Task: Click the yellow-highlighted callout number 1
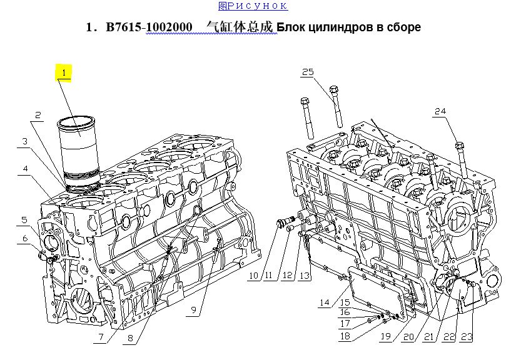click(x=64, y=72)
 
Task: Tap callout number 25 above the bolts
click(x=308, y=72)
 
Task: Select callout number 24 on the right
click(x=440, y=111)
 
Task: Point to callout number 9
click(x=194, y=310)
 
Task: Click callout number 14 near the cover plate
click(x=325, y=302)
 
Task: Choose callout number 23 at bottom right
click(x=467, y=337)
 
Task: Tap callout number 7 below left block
click(x=101, y=337)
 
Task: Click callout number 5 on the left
click(x=24, y=220)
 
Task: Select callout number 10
click(x=253, y=276)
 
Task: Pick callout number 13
click(x=305, y=276)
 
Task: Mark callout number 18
click(x=345, y=336)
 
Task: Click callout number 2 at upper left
click(x=38, y=115)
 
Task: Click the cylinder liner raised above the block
click(x=79, y=151)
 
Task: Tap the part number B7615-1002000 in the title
click(x=149, y=27)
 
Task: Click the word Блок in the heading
click(x=290, y=27)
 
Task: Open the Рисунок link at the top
click(x=253, y=6)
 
